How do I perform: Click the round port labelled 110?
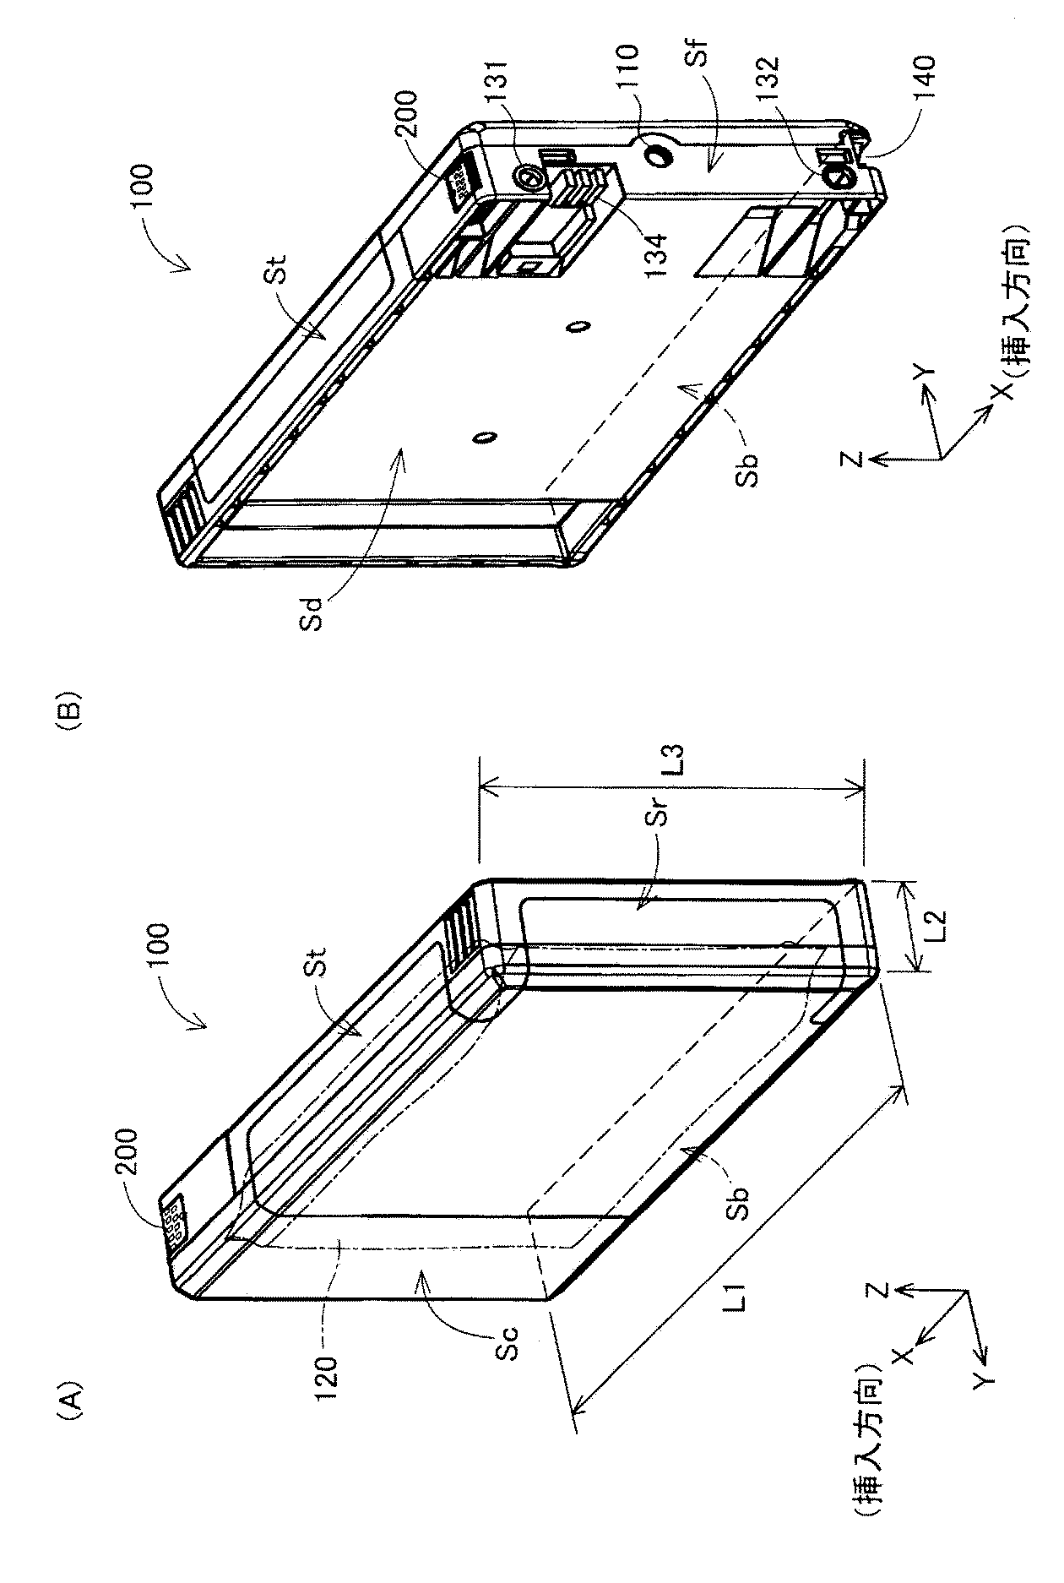[657, 155]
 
